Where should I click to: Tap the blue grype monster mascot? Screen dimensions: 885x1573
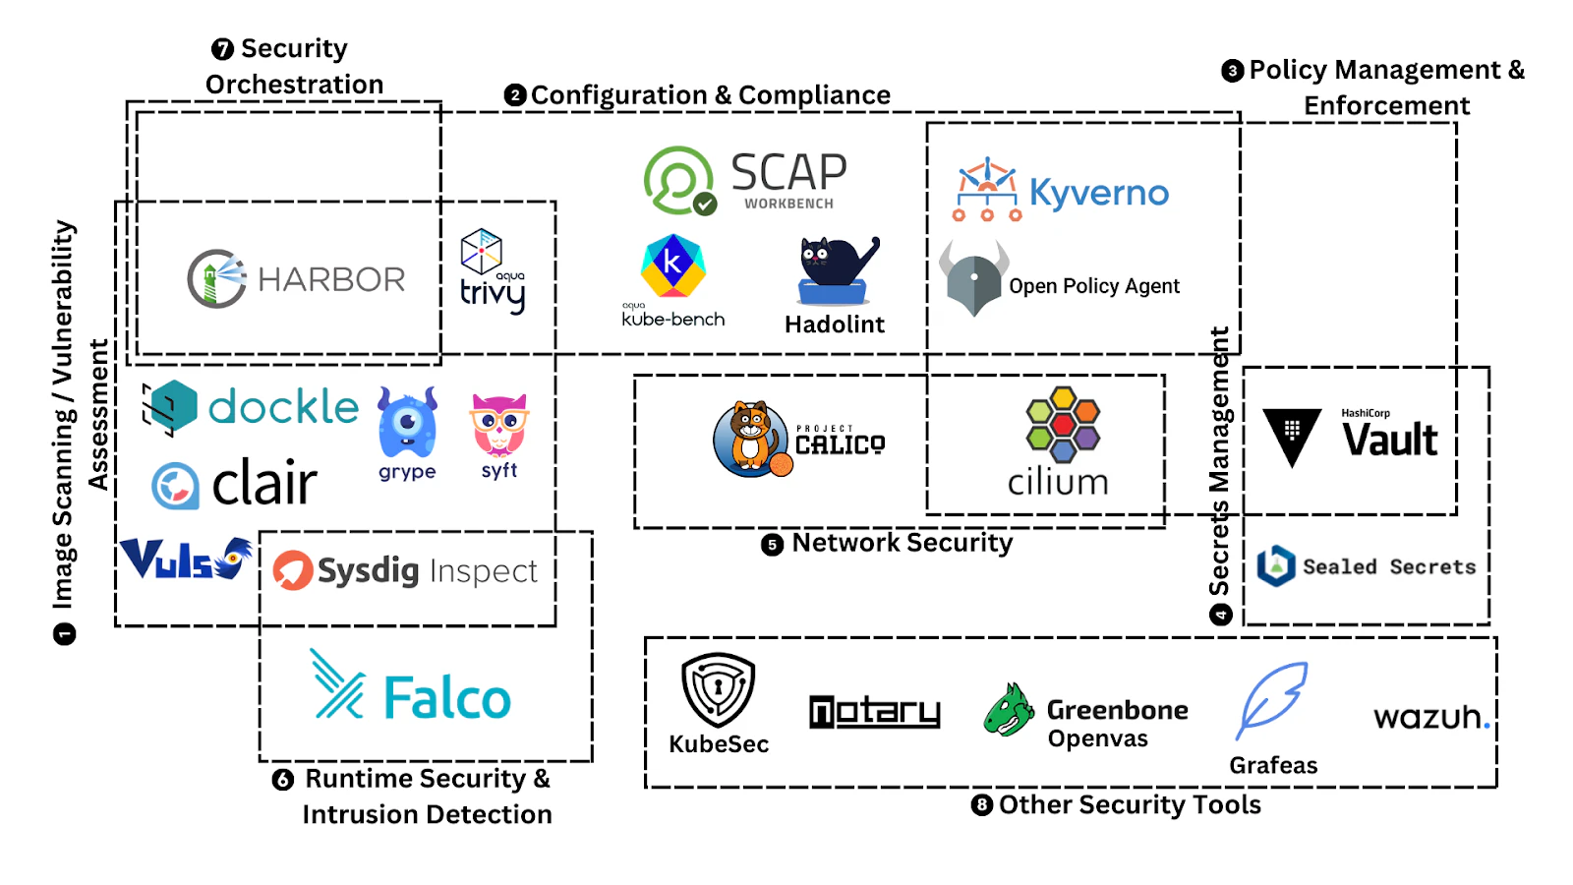(x=407, y=423)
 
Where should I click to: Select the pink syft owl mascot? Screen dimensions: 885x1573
(x=499, y=425)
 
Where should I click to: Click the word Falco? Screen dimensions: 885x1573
(x=447, y=699)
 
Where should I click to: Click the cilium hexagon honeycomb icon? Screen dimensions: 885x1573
(x=1062, y=424)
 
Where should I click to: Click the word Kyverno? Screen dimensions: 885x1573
(x=1099, y=193)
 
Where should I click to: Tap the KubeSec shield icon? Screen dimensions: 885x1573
(x=718, y=689)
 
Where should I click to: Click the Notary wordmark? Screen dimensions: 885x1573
(x=874, y=711)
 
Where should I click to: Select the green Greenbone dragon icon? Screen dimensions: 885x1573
(x=1009, y=711)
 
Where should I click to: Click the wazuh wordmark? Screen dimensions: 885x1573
(x=1430, y=717)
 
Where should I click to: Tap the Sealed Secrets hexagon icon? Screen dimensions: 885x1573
(x=1276, y=566)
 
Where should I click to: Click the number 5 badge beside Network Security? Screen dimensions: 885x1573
(x=773, y=545)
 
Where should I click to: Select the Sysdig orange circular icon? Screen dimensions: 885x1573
(x=293, y=570)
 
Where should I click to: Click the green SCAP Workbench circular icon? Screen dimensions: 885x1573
(x=678, y=181)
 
